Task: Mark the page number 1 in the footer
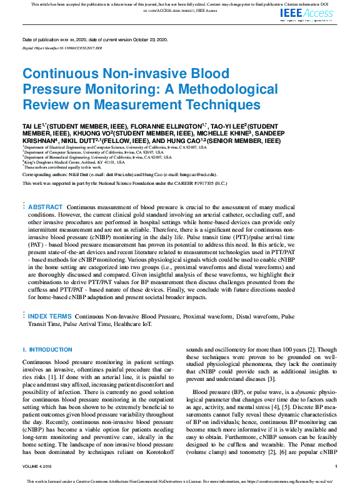[x=336, y=466]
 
